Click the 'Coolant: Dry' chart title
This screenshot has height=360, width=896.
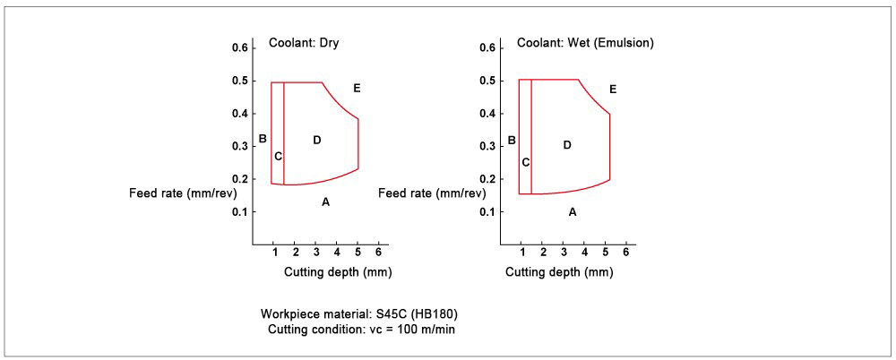304,42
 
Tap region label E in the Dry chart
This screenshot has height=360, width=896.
357,88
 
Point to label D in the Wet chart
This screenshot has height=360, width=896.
567,144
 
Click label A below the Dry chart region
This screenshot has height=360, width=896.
325,202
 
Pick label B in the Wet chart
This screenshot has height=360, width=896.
512,140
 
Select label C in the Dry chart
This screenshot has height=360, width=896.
278,157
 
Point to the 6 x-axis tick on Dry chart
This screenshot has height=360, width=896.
378,252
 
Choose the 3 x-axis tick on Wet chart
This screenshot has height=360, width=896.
564,252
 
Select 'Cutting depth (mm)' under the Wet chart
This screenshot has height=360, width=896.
559,271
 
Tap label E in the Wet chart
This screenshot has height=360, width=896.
613,90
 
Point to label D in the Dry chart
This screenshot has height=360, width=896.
316,140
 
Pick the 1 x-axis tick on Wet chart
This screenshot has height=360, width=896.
522,252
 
